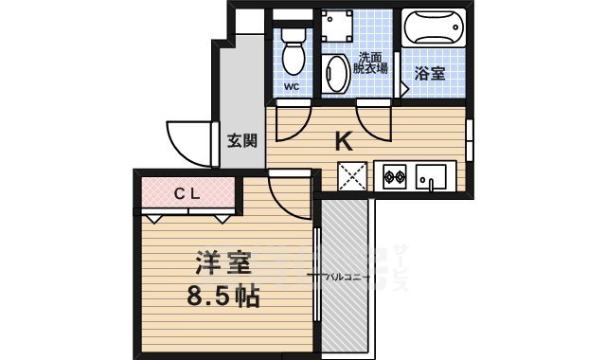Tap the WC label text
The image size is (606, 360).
pos(292,88)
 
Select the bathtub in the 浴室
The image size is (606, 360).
pos(434,29)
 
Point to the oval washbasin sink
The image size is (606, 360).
pos(335,73)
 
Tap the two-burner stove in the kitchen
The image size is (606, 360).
pos(394,175)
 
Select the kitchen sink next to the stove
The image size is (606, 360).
pos(433,177)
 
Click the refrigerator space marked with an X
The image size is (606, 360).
pos(353,176)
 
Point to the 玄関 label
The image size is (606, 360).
pos(242,141)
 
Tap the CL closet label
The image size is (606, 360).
pos(186,193)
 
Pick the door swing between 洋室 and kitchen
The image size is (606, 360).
pos(289,195)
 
